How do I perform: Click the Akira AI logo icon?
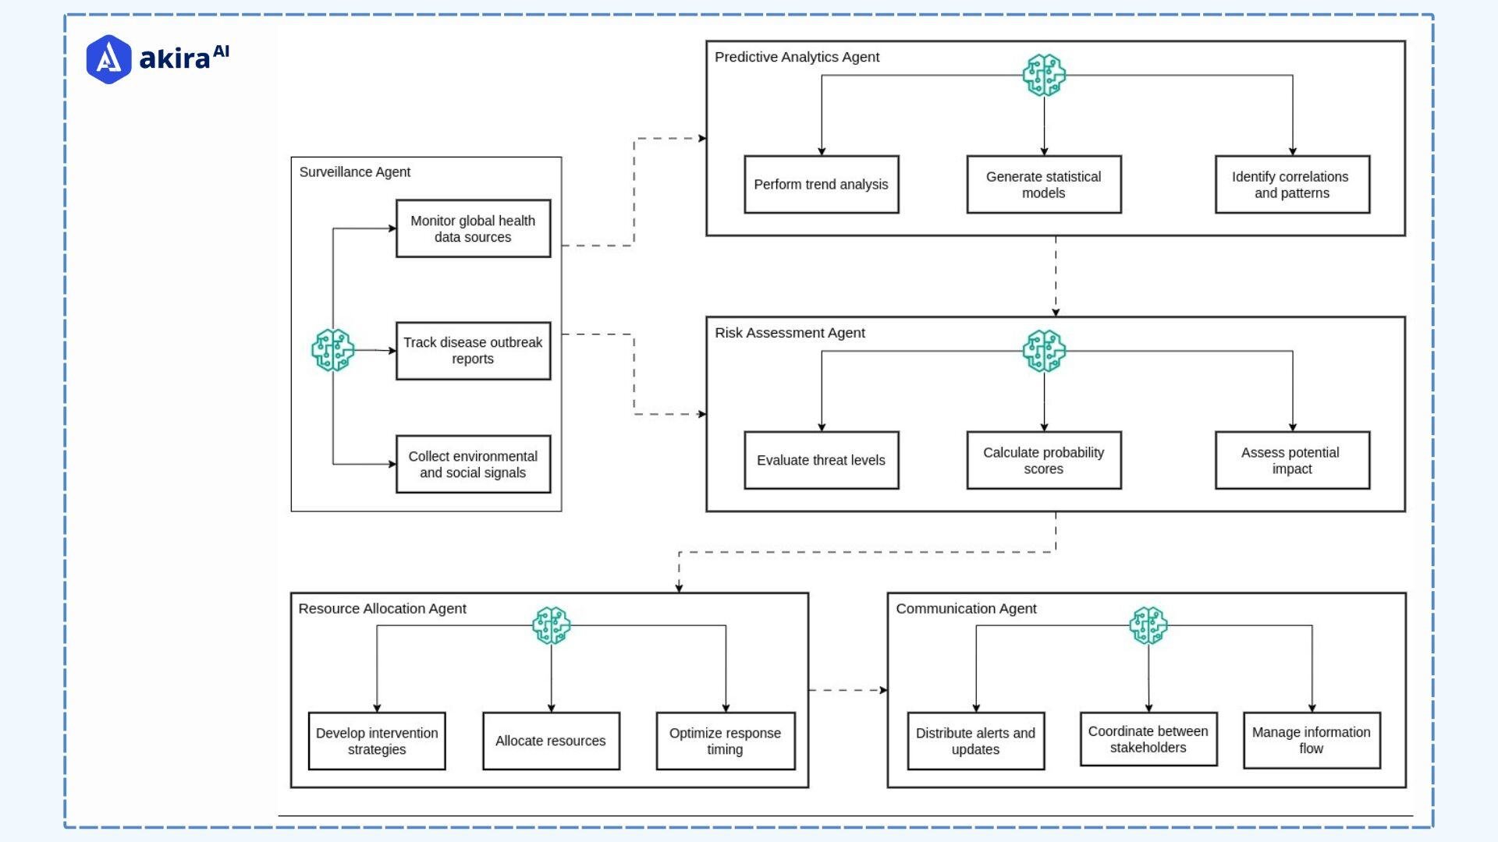(108, 59)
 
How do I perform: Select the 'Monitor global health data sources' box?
(473, 228)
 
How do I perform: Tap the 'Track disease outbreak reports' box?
(473, 351)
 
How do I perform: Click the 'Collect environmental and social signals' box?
(473, 465)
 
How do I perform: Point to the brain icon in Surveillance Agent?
(333, 350)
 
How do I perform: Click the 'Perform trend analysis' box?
(821, 185)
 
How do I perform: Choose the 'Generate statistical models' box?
(1043, 185)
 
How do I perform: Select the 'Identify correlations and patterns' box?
(1291, 185)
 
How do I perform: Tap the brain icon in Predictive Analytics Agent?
(1044, 76)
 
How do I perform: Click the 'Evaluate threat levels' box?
(821, 460)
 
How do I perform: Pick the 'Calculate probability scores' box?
(1043, 460)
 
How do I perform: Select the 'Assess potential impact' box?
(1291, 460)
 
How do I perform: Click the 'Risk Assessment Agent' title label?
(790, 333)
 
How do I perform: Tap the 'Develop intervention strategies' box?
(377, 741)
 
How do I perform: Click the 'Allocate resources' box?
(551, 741)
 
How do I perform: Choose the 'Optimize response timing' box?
(725, 741)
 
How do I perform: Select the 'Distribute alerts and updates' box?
(975, 741)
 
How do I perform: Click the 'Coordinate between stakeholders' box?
(1148, 739)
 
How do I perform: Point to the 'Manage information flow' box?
(1311, 740)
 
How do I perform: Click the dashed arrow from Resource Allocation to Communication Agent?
(847, 690)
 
